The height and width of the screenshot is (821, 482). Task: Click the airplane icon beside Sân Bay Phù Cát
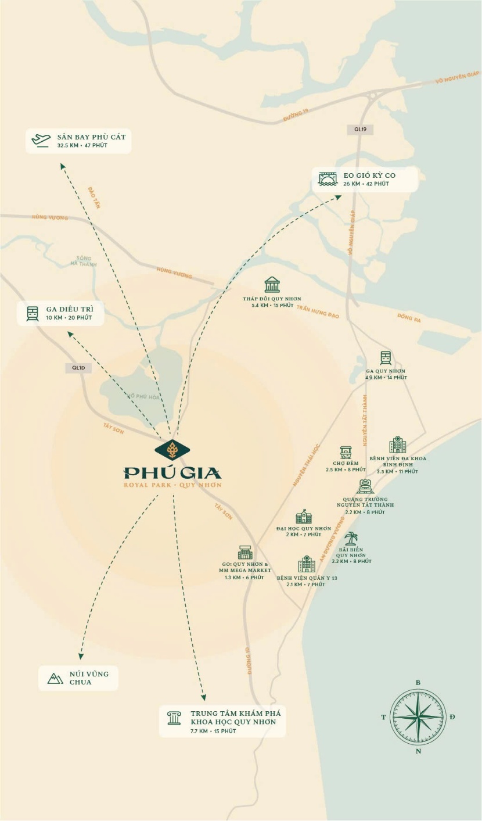pos(41,140)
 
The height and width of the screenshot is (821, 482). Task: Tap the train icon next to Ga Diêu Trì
pos(32,314)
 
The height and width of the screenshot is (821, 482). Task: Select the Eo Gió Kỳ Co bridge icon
pos(328,179)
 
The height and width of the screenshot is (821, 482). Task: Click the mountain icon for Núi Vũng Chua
pos(55,678)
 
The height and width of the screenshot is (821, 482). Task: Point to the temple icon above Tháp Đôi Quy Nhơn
pos(272,285)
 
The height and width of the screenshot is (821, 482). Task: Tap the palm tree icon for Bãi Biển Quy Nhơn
pos(351,538)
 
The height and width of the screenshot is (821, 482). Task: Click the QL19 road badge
pos(360,130)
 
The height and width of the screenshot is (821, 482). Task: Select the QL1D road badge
pos(78,368)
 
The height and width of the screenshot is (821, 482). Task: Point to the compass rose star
pos(418,717)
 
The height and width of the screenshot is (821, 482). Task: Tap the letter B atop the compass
pos(418,683)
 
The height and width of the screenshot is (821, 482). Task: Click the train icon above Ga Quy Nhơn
pos(386,358)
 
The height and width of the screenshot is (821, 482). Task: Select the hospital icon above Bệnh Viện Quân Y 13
pos(307,564)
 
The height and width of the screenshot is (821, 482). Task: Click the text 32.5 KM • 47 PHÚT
pos(82,145)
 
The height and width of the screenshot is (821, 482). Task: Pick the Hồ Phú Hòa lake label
pos(143,397)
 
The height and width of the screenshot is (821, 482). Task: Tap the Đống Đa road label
pos(409,318)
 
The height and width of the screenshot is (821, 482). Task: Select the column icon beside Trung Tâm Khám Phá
pos(174,718)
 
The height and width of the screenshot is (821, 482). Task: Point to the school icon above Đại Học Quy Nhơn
pos(304,517)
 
